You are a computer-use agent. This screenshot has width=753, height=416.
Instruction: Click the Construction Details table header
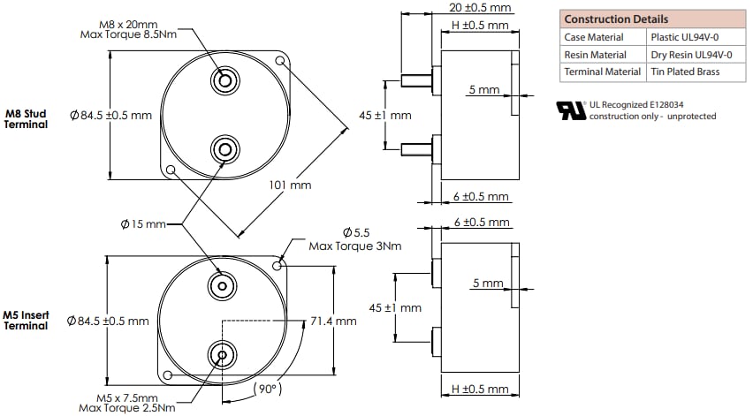616,19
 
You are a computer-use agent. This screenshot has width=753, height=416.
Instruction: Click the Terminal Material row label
602,72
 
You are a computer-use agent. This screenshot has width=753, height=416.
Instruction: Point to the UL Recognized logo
571,110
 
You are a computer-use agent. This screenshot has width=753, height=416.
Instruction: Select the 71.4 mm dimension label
333,321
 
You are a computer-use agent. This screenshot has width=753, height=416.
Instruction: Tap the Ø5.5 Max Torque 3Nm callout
354,238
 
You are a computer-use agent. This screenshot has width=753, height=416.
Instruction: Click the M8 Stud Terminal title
26,119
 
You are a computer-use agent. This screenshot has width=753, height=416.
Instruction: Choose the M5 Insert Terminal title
26,320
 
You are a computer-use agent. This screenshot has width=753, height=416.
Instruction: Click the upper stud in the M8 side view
415,79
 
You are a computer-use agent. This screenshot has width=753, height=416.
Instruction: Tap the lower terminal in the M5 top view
221,356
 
